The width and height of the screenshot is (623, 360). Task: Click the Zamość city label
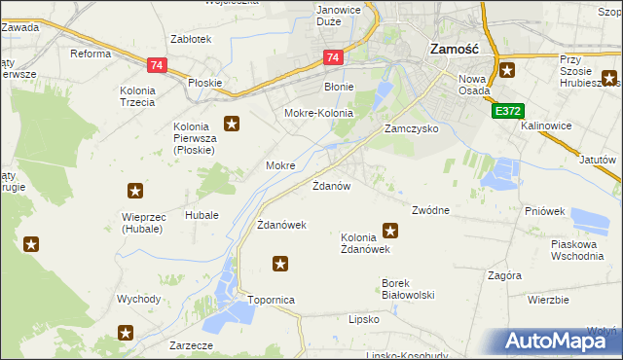click(453, 48)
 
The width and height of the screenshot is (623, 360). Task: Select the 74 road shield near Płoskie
click(156, 65)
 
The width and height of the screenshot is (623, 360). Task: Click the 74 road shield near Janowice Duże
click(333, 58)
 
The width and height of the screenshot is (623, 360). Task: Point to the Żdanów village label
click(331, 185)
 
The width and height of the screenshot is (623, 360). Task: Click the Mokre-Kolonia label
click(317, 113)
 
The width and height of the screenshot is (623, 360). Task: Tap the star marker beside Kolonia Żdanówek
click(390, 231)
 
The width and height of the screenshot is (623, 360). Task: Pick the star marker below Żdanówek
click(280, 263)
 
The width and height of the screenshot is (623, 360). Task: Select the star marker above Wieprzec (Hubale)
click(135, 192)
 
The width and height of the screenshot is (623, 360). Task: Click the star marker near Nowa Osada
click(507, 70)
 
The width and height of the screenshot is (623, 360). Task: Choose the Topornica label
click(272, 301)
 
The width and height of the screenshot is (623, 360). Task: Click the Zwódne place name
click(430, 210)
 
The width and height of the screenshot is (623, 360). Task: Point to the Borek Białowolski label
click(407, 289)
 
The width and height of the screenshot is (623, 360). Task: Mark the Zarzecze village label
click(190, 344)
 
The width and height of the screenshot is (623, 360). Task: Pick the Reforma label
click(91, 54)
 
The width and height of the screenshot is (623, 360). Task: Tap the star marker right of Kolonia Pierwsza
click(232, 124)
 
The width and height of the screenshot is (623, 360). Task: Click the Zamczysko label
click(411, 128)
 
